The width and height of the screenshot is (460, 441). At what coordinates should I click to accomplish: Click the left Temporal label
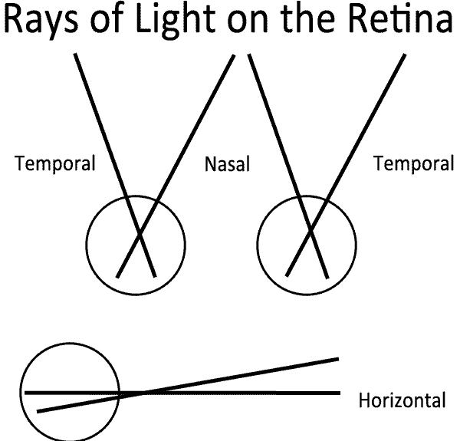(x=56, y=163)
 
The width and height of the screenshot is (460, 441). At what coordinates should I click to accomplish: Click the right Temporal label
(x=412, y=163)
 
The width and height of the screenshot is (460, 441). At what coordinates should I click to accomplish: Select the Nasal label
(x=228, y=164)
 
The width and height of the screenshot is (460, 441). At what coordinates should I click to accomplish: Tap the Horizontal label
(x=402, y=400)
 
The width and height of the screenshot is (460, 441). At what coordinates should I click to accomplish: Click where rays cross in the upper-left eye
(x=139, y=233)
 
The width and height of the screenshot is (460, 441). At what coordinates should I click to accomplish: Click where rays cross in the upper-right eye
(x=310, y=230)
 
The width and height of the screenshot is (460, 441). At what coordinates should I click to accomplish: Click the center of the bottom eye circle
(x=70, y=392)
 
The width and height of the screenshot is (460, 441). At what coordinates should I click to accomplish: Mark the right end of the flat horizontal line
(x=339, y=393)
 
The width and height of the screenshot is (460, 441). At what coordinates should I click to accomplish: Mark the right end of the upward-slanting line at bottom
(x=338, y=358)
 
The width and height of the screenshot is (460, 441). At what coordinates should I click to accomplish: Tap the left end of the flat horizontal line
(x=25, y=392)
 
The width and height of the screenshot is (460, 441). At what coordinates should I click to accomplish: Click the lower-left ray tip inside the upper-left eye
(x=117, y=276)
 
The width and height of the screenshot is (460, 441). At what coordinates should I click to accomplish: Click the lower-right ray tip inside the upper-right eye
(x=327, y=276)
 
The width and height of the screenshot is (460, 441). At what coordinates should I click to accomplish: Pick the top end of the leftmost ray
(x=75, y=55)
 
